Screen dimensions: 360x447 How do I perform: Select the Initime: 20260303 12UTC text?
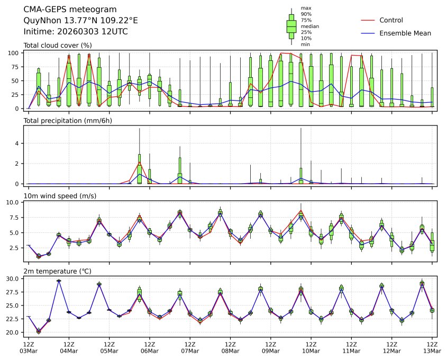(76, 32)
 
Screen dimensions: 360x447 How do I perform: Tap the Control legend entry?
(391, 20)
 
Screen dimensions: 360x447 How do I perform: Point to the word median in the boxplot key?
(309, 26)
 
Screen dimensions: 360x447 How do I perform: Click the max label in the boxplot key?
(305, 8)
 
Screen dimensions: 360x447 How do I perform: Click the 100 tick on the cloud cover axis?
(13, 53)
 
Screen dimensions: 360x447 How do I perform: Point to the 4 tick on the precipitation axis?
(17, 143)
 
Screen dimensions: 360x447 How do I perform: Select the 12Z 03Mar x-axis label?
(28, 347)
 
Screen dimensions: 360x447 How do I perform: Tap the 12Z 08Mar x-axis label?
(230, 347)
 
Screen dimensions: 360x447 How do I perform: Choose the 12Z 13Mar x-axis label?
(432, 347)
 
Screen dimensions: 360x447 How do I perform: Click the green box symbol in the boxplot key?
(291, 26)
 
